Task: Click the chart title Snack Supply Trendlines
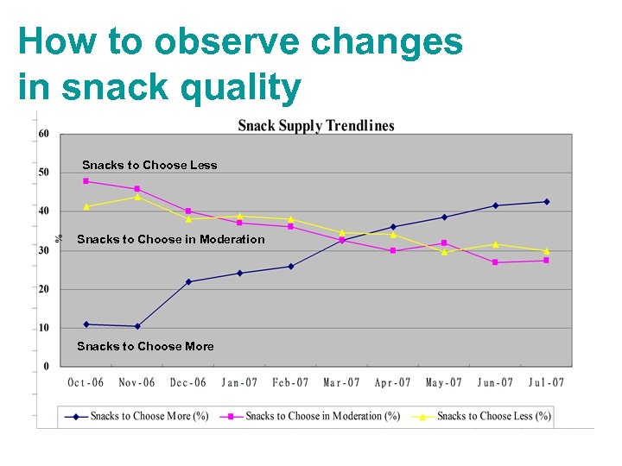[315, 126]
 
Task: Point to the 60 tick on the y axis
[43, 134]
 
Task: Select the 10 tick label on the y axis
[43, 328]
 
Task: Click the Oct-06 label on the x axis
[86, 382]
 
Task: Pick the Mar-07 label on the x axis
[341, 382]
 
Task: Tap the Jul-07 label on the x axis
[546, 382]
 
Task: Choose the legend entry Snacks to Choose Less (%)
[493, 416]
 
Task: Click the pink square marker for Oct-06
[86, 181]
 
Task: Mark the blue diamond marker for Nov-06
[136, 326]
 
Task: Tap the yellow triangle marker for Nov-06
[136, 197]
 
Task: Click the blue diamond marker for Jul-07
[546, 202]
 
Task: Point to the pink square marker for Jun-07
[495, 262]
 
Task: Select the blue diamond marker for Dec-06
[188, 281]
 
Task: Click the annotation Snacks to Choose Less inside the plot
[149, 165]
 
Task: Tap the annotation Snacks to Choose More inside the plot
[145, 346]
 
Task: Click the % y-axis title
[60, 238]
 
